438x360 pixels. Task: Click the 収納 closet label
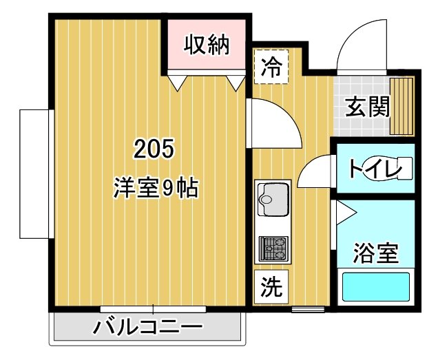[x=206, y=45]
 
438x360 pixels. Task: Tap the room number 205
[x=154, y=148]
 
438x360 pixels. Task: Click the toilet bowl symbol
[x=399, y=168]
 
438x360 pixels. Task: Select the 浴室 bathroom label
[x=375, y=253]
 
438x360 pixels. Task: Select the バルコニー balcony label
[x=149, y=326]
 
